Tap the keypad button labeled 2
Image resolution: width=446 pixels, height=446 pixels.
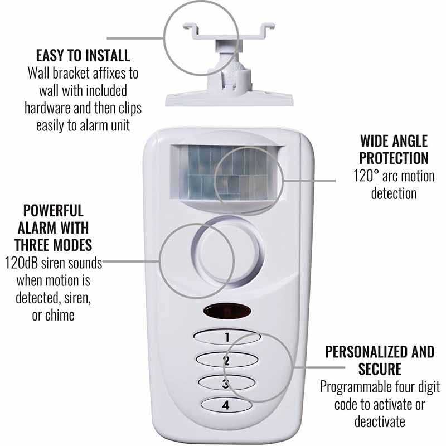coord(227,360)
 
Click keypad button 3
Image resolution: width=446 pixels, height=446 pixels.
coord(226,382)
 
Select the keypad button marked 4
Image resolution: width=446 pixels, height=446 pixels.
coord(226,405)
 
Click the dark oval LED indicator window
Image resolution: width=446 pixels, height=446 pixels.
coord(227,311)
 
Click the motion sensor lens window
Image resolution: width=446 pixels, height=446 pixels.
coord(225,173)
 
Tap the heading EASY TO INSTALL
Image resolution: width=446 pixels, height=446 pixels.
coord(83,55)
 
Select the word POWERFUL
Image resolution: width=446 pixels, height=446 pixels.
coord(53,211)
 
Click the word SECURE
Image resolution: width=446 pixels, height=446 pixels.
coord(380,369)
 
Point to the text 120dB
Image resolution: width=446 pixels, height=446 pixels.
coord(21,263)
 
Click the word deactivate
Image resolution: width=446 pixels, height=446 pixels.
coord(380,421)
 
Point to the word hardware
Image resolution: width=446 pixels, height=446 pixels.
coord(47,108)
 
